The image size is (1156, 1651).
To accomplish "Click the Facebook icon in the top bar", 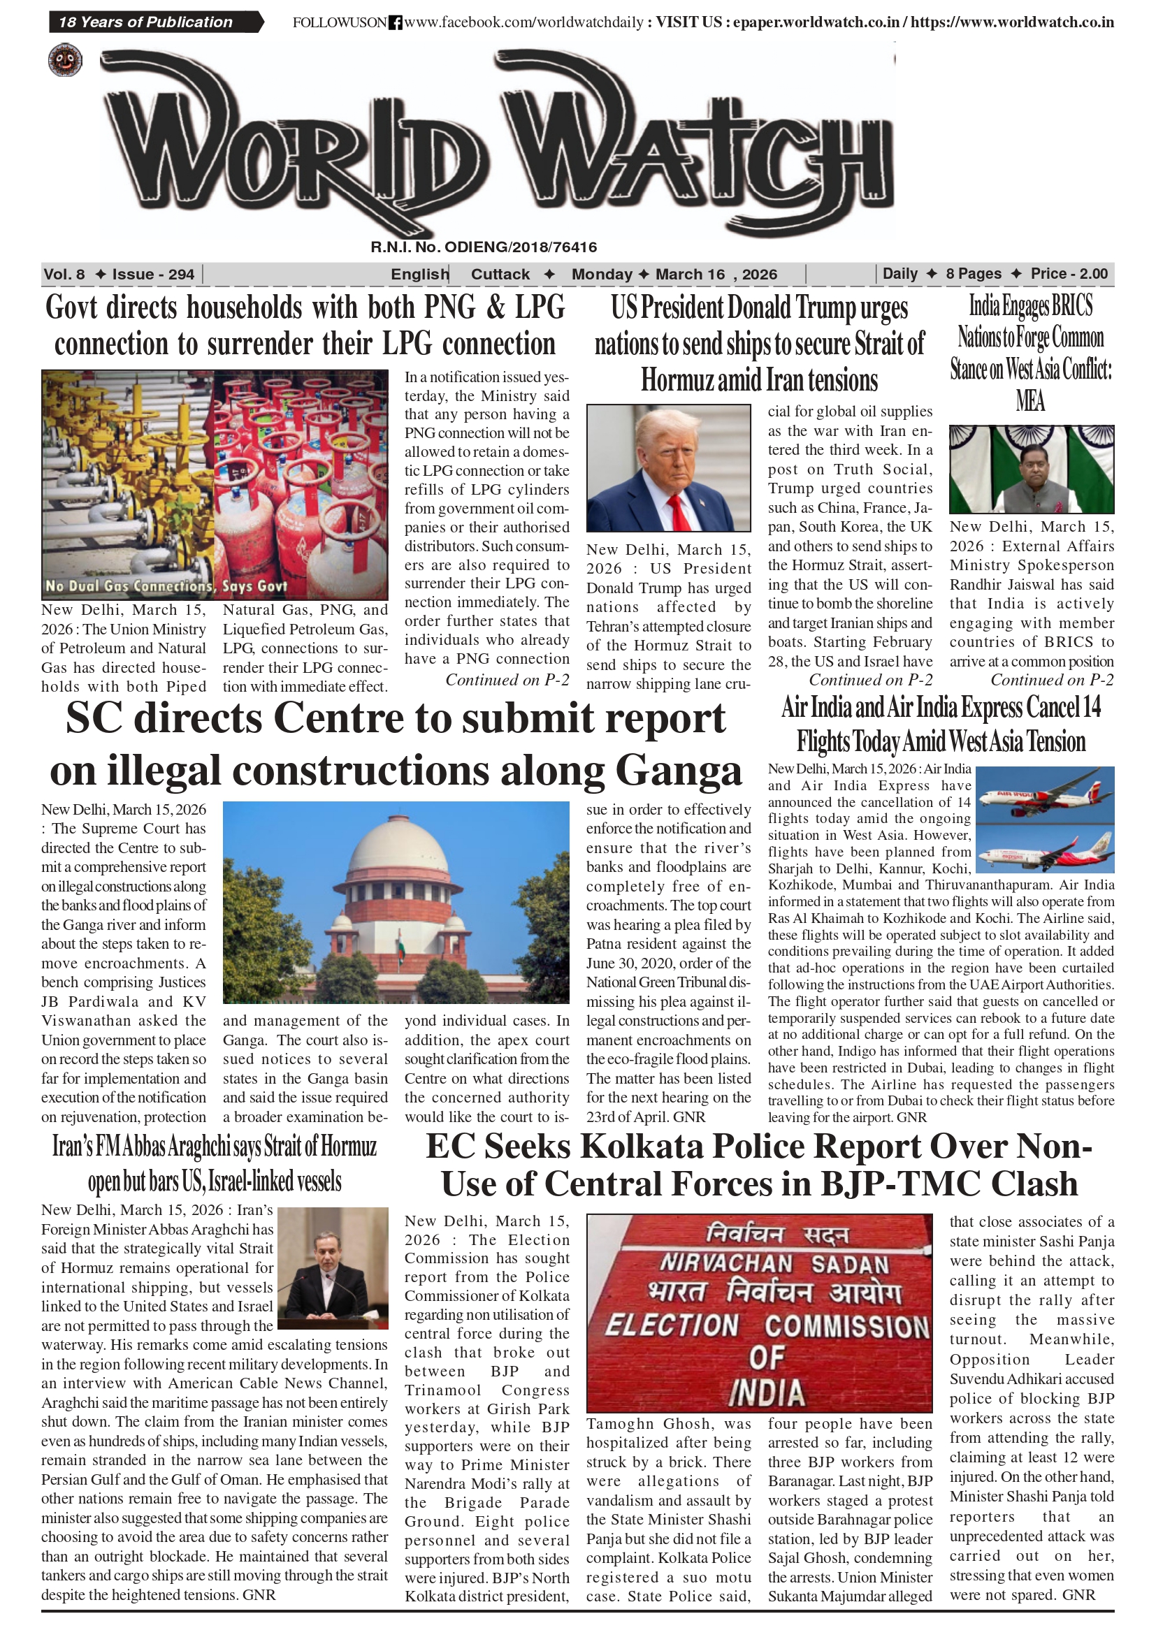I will click(x=395, y=23).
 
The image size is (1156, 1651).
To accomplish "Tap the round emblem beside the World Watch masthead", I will click(x=65, y=61).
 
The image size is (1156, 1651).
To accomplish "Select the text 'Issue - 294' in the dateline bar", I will click(x=152, y=274).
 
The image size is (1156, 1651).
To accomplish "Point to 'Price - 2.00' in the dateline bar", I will click(x=1068, y=274).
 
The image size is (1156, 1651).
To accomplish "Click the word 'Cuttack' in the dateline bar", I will click(x=500, y=274).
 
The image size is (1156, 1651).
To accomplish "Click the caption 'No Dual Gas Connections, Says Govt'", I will click(x=166, y=586).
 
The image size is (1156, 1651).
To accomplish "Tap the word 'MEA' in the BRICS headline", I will click(x=1030, y=400).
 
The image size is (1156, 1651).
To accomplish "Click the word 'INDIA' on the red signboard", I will click(x=766, y=1393).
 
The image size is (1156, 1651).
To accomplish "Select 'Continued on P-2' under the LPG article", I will click(x=507, y=681).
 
